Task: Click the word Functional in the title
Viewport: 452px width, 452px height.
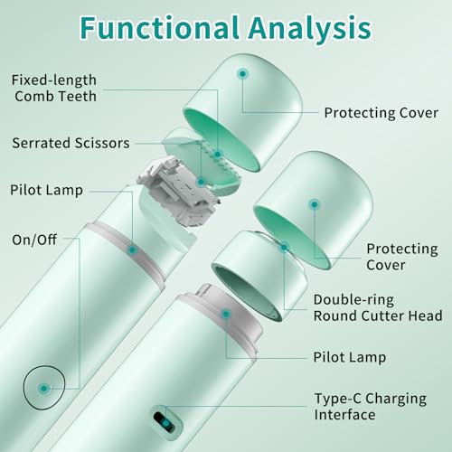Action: pos(160,28)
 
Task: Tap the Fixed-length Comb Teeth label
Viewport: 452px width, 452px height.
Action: pos(54,89)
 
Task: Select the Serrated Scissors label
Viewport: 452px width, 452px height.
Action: pos(71,143)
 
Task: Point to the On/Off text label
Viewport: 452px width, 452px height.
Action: pos(34,240)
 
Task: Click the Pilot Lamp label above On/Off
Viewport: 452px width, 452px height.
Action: pos(46,191)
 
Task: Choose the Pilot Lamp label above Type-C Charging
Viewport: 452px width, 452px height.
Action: pos(350,357)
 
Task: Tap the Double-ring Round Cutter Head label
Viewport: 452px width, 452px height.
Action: pos(378,307)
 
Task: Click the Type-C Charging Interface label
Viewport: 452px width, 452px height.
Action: pos(371,407)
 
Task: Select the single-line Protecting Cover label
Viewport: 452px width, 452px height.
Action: pos(381,113)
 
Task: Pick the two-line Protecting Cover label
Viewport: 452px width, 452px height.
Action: pos(402,257)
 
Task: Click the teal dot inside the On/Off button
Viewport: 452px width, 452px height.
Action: pos(43,389)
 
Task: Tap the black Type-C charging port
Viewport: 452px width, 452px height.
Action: pos(164,421)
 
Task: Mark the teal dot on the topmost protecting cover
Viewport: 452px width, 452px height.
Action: pos(242,74)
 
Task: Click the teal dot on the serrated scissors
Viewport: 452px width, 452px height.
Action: pos(201,182)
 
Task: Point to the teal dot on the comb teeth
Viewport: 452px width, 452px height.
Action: pos(218,155)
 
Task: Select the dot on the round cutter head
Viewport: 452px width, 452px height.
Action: pos(284,248)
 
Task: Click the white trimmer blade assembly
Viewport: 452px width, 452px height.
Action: pos(178,192)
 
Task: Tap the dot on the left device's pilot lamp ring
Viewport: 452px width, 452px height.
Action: pos(132,250)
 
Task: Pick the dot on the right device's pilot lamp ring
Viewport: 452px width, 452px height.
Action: pos(226,315)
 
